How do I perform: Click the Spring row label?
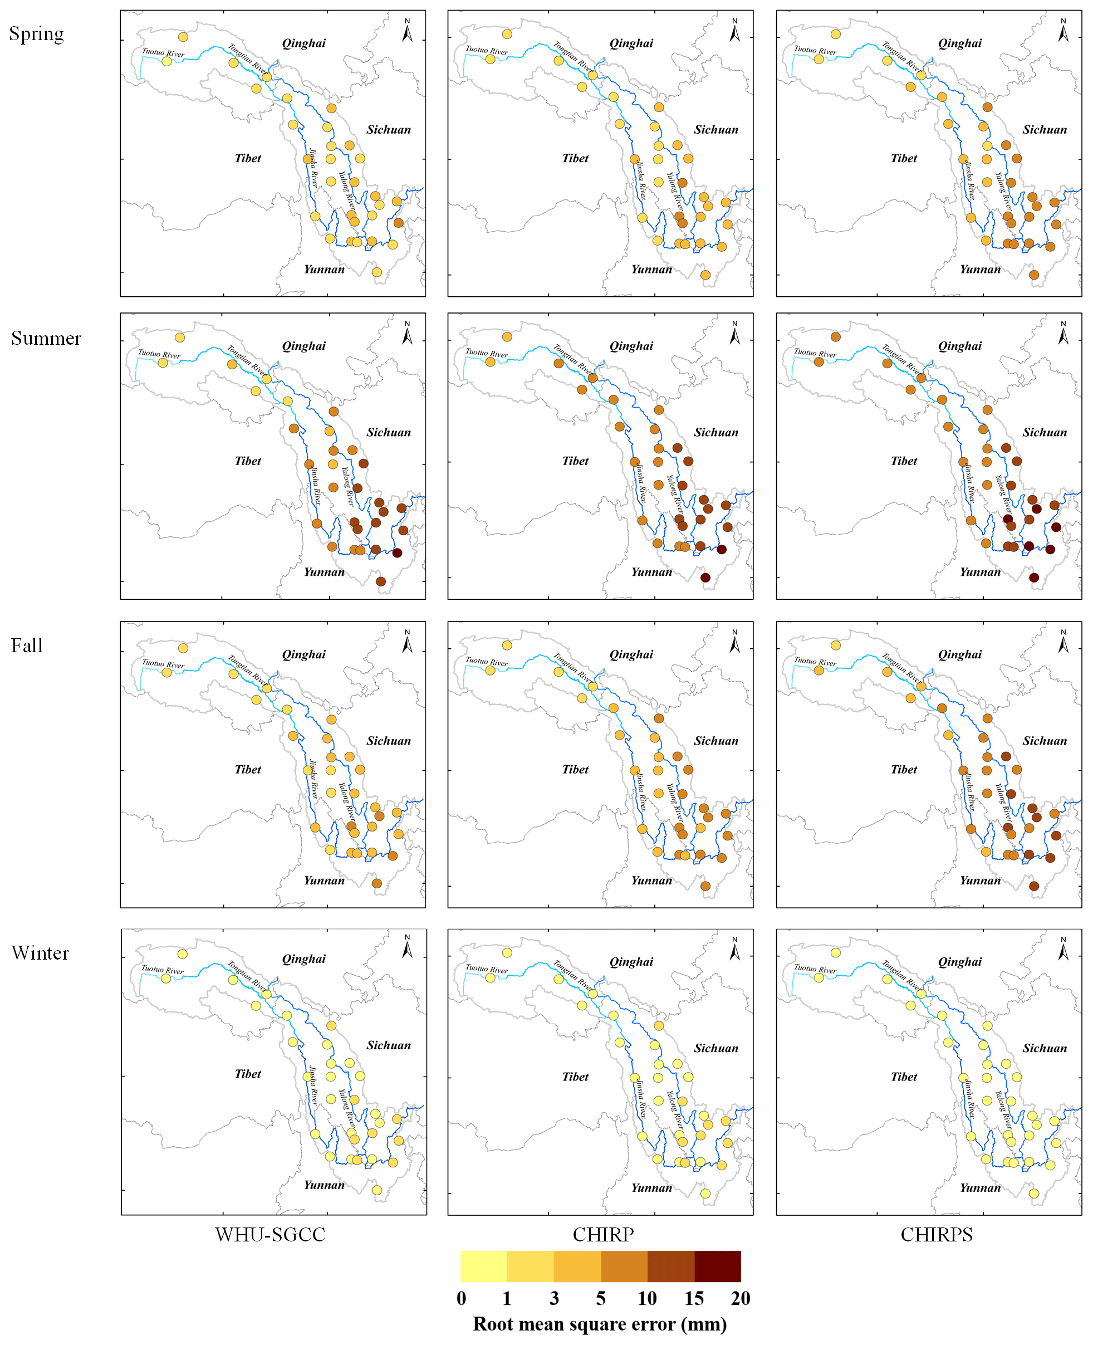[37, 33]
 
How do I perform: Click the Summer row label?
[46, 338]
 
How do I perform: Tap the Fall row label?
[26, 645]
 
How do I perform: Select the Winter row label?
[40, 953]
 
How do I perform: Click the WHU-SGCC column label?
[270, 1234]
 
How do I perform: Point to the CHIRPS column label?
[936, 1234]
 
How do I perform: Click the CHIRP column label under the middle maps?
[602, 1234]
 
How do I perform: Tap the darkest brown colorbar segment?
[717, 1266]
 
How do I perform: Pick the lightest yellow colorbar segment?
[483, 1266]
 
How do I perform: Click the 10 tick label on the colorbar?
[646, 1298]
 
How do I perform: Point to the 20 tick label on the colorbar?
[741, 1298]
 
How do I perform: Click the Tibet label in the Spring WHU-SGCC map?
[247, 158]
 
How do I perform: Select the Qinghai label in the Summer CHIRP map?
[631, 346]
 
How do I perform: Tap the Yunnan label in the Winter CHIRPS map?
[979, 1187]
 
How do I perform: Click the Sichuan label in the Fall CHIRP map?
[716, 741]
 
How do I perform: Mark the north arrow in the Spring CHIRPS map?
[1063, 30]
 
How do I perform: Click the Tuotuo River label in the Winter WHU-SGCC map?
[163, 970]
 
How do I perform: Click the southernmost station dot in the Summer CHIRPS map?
[1034, 578]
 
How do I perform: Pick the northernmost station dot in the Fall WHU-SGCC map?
[183, 648]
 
